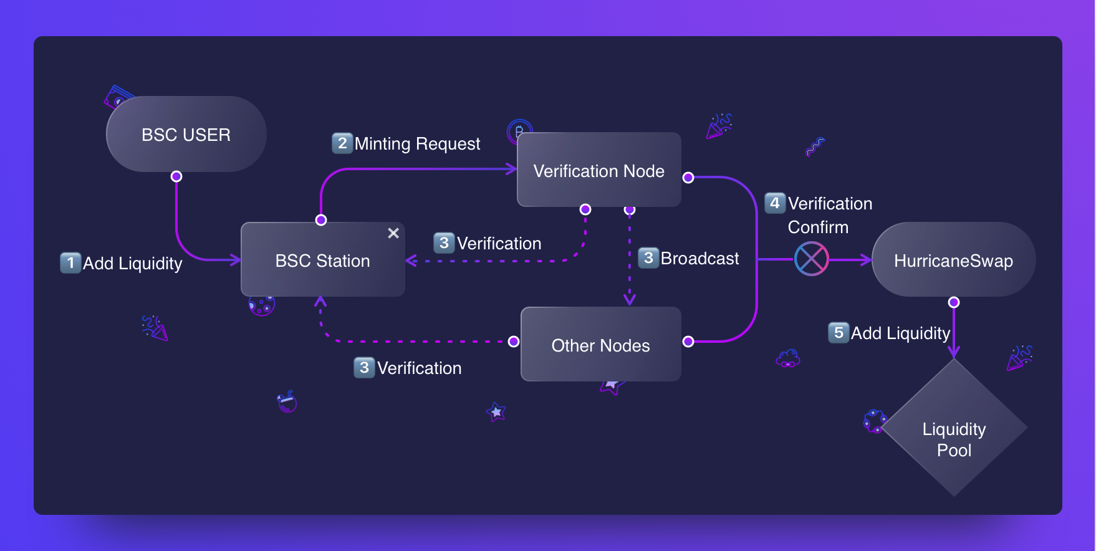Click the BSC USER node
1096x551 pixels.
coord(186,135)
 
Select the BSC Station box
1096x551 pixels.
coord(322,260)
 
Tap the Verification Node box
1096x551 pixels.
coord(598,170)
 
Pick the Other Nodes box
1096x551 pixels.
coord(600,345)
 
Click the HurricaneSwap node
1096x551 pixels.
coord(953,260)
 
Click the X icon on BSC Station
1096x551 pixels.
coord(393,233)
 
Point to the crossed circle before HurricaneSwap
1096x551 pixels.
coord(811,259)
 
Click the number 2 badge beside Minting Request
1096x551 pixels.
coord(342,143)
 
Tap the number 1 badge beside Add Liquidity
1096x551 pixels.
coord(70,262)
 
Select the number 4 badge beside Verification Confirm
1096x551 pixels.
coord(775,203)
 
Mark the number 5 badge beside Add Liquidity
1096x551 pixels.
coord(839,332)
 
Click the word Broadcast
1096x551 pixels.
coord(699,258)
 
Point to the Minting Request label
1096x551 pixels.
coord(417,144)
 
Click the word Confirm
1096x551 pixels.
coord(818,227)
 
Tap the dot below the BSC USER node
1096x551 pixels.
coord(176,176)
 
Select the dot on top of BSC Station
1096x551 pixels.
coord(321,220)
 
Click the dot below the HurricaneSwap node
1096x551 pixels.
coord(954,302)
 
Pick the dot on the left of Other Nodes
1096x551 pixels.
coord(514,342)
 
